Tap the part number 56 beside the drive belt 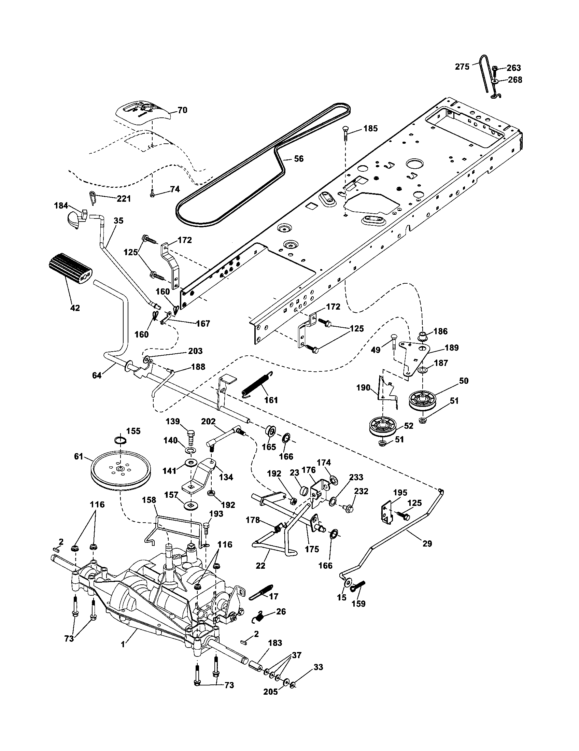(299, 159)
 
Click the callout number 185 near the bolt (370, 129)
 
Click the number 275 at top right (462, 67)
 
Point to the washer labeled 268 (495, 81)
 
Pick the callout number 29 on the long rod (427, 544)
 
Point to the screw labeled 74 (152, 195)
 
